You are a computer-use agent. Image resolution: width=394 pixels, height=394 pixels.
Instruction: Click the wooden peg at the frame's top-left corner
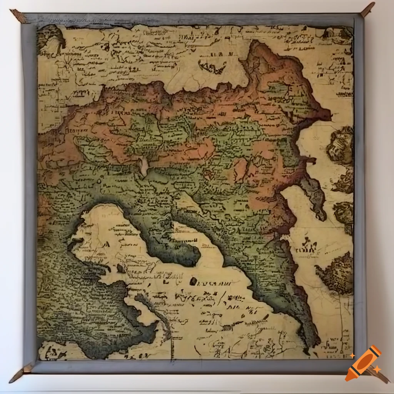pyautogui.click(x=18, y=16)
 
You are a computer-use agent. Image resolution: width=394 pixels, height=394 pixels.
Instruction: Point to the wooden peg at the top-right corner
pyautogui.click(x=367, y=10)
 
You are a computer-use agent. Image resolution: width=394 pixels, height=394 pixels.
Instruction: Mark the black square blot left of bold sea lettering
pyautogui.click(x=193, y=281)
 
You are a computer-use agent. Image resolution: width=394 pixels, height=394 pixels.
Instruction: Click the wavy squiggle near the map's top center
pyautogui.click(x=212, y=68)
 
